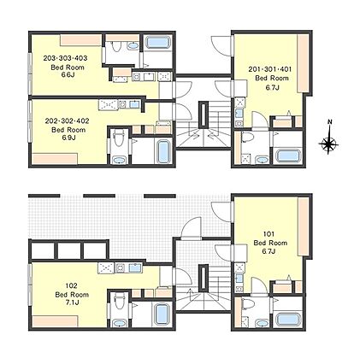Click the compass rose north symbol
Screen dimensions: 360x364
coord(328,143)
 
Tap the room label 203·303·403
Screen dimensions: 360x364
coord(65,58)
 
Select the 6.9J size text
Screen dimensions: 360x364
coord(68,138)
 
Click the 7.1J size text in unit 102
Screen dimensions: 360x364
coord(71,302)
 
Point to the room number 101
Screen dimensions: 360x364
coord(269,234)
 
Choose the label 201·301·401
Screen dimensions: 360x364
coord(270,69)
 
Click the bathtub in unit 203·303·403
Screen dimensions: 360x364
coord(157,43)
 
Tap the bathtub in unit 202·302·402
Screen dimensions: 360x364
coord(162,151)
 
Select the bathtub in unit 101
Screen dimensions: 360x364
coord(289,320)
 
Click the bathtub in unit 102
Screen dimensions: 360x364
coord(161,314)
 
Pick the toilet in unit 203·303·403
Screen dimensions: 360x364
coord(116,46)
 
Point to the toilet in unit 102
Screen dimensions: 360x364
coord(118,301)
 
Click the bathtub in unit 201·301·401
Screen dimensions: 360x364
coord(289,156)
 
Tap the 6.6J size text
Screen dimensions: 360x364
coord(68,75)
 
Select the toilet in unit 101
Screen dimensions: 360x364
coord(246,303)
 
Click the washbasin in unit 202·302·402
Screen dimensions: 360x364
coord(120,161)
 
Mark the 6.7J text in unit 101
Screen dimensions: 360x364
coord(269,251)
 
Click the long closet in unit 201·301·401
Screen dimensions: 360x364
coord(303,63)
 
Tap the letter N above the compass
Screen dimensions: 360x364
coord(330,122)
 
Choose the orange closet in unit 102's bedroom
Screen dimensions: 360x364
coord(55,321)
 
